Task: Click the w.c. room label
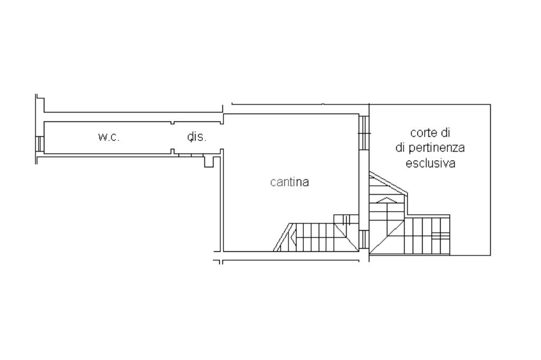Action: point(109,137)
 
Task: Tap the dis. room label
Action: point(197,137)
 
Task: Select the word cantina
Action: point(289,182)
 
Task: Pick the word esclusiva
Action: point(430,163)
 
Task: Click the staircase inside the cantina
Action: point(317,236)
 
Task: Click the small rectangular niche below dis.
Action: point(209,161)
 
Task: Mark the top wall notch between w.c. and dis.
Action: point(173,123)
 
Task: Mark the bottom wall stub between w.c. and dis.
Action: point(173,151)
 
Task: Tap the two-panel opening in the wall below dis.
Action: point(185,155)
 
